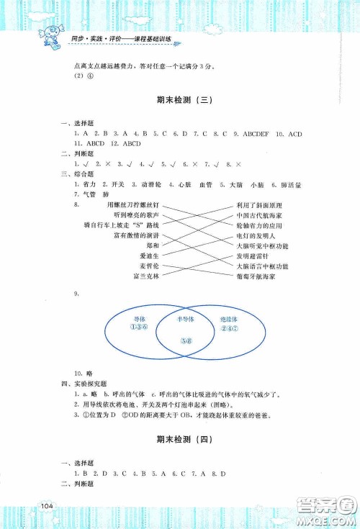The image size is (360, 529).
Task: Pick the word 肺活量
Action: [x=293, y=185]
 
